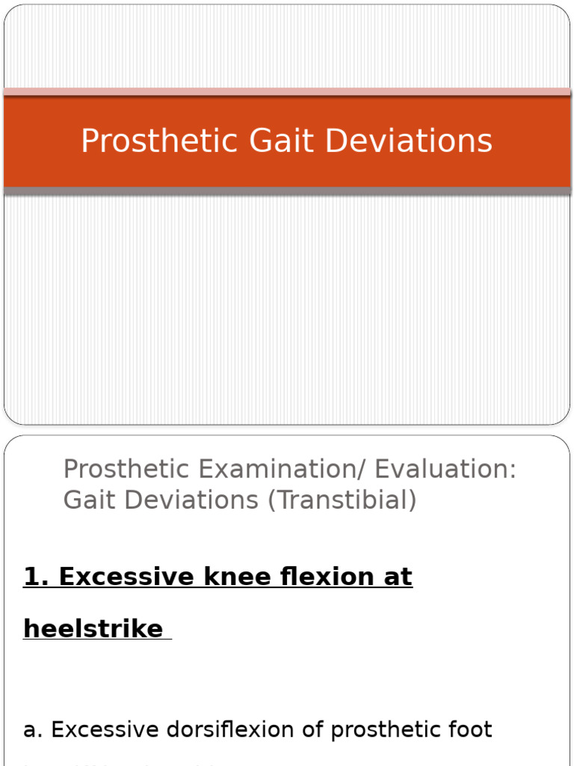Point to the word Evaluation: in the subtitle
[445, 470]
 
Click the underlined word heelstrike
[93, 628]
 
